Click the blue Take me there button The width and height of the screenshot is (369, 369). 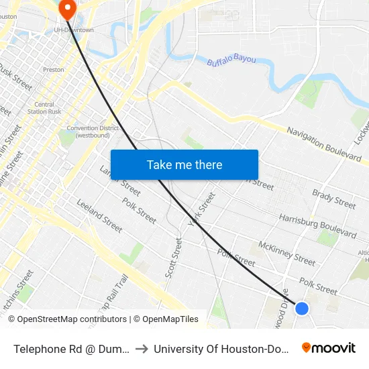(184, 164)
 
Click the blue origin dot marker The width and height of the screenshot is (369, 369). (302, 309)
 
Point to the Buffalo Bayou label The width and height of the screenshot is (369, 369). (231, 60)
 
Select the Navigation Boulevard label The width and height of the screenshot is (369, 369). (324, 144)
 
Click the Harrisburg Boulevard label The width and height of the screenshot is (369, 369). (317, 226)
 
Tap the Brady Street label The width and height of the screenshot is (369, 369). (333, 199)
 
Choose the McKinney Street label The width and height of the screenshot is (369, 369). (286, 253)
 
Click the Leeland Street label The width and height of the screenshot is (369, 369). (99, 215)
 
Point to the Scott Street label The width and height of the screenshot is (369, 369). (174, 257)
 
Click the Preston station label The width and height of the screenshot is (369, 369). (53, 69)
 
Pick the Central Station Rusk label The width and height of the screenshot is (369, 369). (44, 108)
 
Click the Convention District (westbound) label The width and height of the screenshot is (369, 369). (93, 131)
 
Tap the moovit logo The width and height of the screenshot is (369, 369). (329, 348)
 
